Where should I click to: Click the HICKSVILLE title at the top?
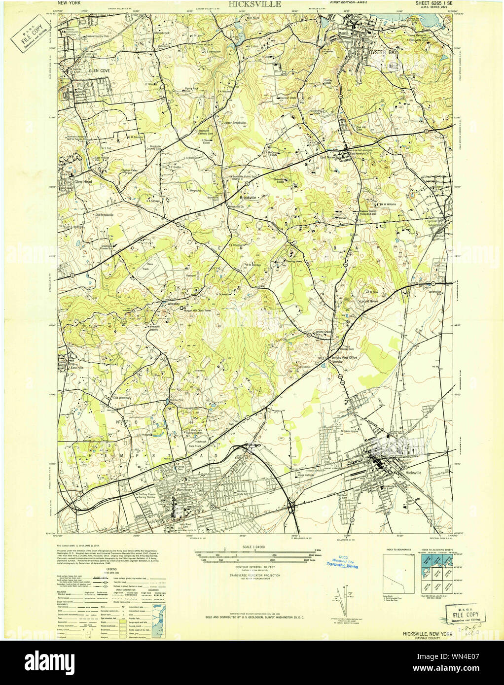[x=254, y=4]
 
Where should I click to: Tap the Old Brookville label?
[x=104, y=215]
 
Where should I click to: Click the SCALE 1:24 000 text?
[x=254, y=548]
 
